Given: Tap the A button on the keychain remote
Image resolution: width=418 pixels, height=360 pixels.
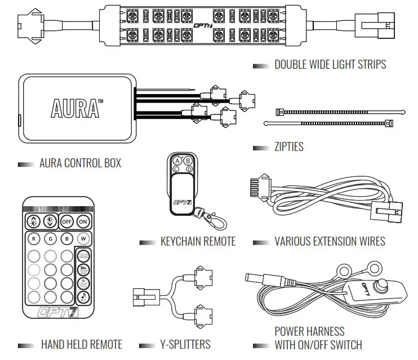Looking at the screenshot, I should pyautogui.click(x=177, y=160).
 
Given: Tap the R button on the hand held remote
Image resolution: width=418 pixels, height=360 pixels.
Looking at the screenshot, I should pyautogui.click(x=34, y=239).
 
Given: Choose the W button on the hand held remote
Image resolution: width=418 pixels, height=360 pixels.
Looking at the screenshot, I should pyautogui.click(x=84, y=239).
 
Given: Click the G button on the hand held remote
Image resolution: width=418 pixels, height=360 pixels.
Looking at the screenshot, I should pyautogui.click(x=51, y=239).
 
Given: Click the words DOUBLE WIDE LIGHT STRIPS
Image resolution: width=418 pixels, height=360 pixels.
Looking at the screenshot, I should pyautogui.click(x=330, y=64).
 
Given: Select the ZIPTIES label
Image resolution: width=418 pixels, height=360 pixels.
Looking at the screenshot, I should pyautogui.click(x=288, y=147).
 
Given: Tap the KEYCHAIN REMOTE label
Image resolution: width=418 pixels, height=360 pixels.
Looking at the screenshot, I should pyautogui.click(x=198, y=242).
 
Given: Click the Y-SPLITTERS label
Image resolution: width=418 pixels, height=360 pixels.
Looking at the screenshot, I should pyautogui.click(x=182, y=344).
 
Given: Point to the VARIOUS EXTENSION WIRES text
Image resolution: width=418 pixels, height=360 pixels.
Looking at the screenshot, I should pyautogui.click(x=330, y=242).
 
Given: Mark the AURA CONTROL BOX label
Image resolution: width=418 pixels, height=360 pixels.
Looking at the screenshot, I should pyautogui.click(x=80, y=164).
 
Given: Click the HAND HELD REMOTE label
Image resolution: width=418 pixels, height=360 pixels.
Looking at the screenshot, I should pyautogui.click(x=81, y=344).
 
